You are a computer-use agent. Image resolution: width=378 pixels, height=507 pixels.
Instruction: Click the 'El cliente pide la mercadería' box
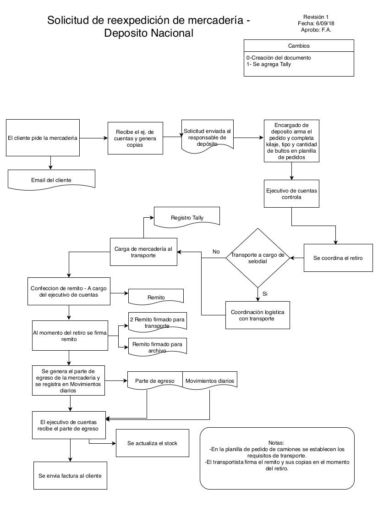coord(43,138)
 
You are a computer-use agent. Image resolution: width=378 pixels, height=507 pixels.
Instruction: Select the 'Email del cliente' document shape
coord(51,179)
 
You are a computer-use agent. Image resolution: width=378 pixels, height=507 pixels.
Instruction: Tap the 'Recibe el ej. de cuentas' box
coord(135,138)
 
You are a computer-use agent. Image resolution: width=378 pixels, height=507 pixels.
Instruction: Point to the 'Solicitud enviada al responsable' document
coord(208,137)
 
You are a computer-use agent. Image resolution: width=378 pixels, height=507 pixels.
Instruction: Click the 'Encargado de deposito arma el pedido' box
coord(291,141)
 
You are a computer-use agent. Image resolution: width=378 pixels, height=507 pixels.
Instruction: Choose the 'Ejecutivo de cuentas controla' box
coord(291,194)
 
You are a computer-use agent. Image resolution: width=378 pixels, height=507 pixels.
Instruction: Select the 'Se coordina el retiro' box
coord(338,258)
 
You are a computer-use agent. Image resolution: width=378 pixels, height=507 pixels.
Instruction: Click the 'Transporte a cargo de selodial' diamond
coord(257,258)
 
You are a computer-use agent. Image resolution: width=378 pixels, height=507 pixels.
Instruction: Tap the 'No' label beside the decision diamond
coord(216,252)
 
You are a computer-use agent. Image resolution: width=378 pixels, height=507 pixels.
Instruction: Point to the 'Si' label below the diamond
coord(265,293)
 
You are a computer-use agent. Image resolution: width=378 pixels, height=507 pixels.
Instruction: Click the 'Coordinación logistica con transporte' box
coord(257,315)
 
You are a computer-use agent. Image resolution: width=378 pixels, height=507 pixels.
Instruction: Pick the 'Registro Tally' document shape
coord(187,217)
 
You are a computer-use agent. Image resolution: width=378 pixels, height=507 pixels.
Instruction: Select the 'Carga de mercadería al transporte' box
coord(143,252)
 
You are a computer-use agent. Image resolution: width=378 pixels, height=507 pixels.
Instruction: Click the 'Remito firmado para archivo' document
coord(157,347)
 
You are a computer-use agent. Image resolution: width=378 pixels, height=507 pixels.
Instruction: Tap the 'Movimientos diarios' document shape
coord(210,380)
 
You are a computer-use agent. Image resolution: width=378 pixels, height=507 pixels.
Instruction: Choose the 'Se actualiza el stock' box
coord(153,443)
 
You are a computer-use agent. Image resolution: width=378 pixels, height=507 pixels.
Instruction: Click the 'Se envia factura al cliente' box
coord(70,476)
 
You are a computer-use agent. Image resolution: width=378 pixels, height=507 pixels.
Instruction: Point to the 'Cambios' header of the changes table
coord(299,45)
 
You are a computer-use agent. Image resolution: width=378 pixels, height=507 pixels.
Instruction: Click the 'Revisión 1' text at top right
coord(316,17)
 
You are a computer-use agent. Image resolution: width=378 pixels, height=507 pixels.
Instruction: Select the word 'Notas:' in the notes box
coord(276,443)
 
